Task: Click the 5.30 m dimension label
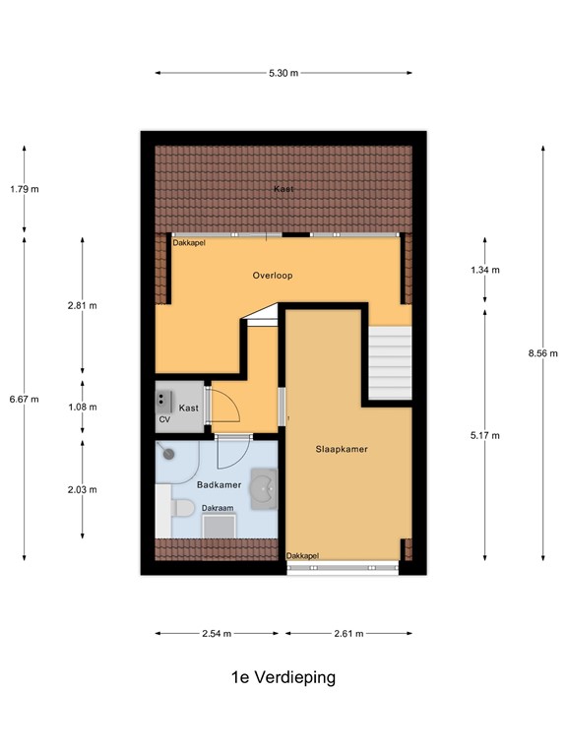click(283, 73)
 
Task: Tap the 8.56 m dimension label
click(542, 353)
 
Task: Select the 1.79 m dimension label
click(24, 189)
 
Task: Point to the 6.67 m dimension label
click(24, 399)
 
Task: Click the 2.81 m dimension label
click(82, 306)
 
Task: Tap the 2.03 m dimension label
click(82, 489)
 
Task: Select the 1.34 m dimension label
click(485, 270)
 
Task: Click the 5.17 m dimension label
click(485, 435)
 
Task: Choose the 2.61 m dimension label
click(348, 633)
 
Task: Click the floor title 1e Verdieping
click(283, 677)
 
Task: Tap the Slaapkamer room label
click(342, 449)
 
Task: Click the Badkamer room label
click(219, 485)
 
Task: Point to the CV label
click(164, 420)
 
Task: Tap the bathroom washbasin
click(264, 488)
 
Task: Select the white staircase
click(390, 364)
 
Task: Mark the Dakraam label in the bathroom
click(218, 509)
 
